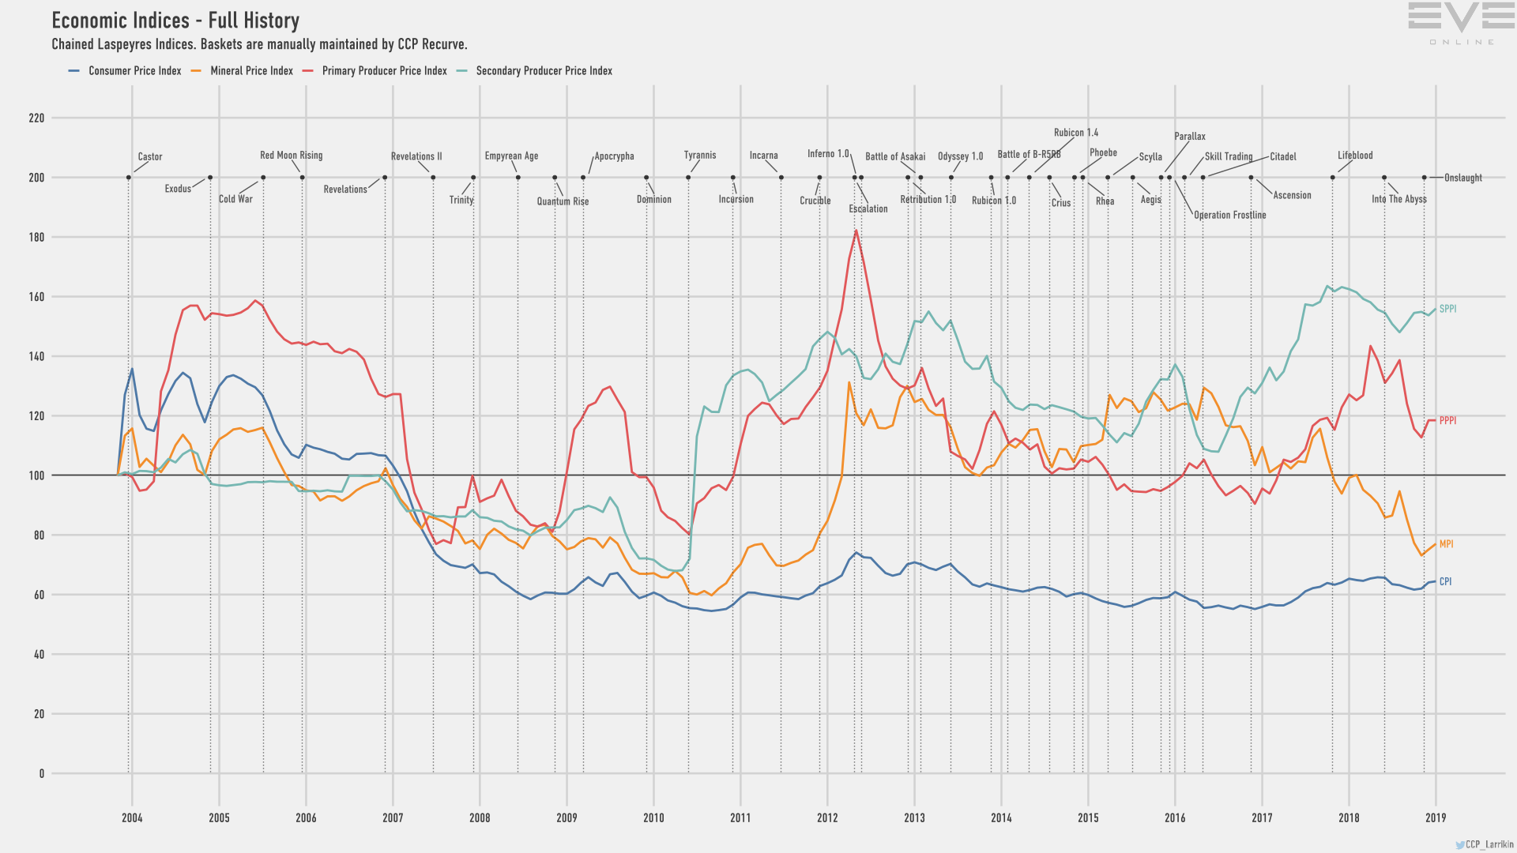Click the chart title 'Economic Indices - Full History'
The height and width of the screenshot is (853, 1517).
point(175,21)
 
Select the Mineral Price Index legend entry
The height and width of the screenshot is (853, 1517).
point(250,71)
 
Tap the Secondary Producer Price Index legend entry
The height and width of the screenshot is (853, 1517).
point(543,71)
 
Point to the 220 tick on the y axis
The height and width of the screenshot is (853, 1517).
point(37,118)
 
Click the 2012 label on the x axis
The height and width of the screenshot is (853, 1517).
point(827,818)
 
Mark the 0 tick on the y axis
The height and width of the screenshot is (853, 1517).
point(42,774)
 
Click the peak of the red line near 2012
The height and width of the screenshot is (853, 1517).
point(856,231)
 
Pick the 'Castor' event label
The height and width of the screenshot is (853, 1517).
point(150,157)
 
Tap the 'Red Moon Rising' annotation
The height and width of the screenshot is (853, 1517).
point(292,156)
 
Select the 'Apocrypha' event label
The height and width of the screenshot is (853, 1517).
point(615,156)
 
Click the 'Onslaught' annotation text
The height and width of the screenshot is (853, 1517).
point(1462,178)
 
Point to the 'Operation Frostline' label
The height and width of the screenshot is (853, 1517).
point(1229,215)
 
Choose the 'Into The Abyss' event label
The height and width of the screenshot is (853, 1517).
point(1398,199)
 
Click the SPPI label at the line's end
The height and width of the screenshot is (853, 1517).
point(1447,309)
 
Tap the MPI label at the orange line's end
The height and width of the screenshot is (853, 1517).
point(1446,544)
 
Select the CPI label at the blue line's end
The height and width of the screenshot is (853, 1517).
point(1445,582)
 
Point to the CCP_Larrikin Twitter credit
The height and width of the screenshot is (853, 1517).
point(1485,844)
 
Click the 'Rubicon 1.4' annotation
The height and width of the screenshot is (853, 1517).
point(1076,133)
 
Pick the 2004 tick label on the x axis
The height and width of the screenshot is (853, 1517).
point(132,818)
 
